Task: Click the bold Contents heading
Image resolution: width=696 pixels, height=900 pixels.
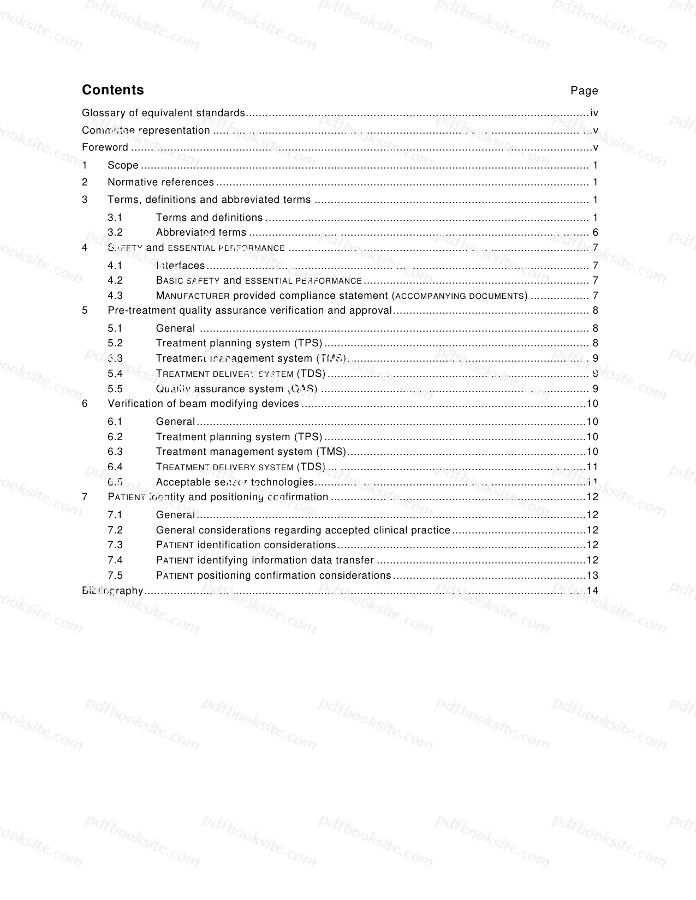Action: (x=113, y=90)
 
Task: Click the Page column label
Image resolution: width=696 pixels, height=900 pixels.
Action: (x=584, y=91)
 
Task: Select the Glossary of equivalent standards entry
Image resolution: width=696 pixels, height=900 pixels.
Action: (x=163, y=113)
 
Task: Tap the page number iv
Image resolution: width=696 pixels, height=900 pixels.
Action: (x=594, y=113)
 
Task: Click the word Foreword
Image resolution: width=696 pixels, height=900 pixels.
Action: (x=105, y=147)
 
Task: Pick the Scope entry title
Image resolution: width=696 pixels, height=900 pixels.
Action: (x=123, y=165)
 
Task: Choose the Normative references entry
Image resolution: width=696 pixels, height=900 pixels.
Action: (x=160, y=182)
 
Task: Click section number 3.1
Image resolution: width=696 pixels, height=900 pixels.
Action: (x=115, y=217)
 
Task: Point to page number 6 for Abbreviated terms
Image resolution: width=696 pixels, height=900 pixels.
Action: (x=596, y=232)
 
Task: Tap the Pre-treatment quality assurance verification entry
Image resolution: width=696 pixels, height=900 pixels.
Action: (x=249, y=310)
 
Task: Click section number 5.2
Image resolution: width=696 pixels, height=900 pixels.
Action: (x=115, y=343)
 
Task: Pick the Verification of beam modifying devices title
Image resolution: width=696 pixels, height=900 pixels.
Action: (x=203, y=404)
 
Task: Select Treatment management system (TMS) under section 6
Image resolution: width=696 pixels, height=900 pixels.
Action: (x=251, y=452)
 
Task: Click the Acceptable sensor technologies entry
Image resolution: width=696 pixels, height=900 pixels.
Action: (x=234, y=482)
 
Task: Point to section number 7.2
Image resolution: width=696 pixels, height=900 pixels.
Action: (x=115, y=530)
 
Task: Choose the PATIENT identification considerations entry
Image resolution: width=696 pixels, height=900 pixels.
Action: (x=246, y=545)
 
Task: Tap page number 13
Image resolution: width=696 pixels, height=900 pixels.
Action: (x=592, y=575)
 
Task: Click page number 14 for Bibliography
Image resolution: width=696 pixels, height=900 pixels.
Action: (x=592, y=591)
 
